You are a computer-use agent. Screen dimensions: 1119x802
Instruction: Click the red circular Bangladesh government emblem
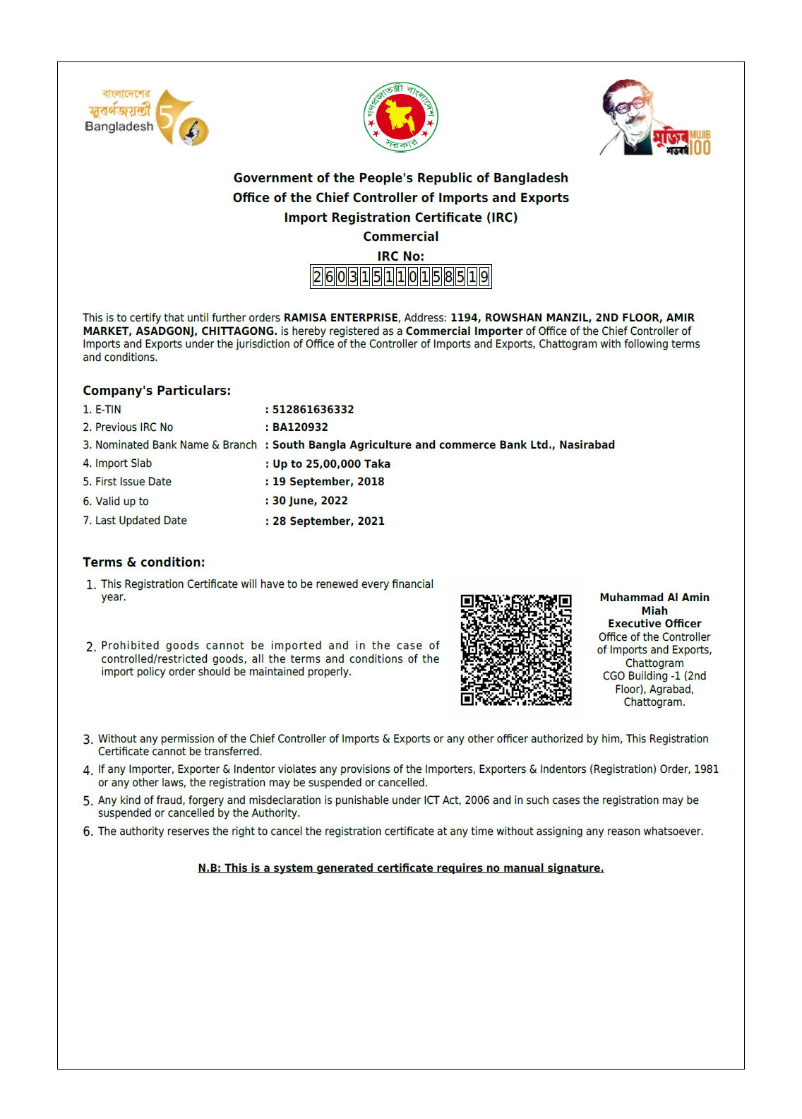[400, 117]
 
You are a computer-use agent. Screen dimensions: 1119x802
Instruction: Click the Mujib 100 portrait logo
[654, 118]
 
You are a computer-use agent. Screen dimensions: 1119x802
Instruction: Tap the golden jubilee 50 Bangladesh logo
[147, 117]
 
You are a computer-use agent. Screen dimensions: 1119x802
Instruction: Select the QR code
[516, 650]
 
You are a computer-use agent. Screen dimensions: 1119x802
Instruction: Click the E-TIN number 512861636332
[313, 410]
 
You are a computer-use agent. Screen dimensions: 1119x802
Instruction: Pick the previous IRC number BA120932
[300, 427]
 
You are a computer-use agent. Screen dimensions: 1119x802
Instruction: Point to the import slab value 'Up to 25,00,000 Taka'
[331, 464]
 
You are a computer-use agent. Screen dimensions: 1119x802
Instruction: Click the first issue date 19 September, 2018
[328, 482]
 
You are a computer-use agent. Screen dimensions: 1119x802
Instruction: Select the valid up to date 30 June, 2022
[310, 501]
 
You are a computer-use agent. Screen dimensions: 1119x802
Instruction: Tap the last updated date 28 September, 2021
[328, 521]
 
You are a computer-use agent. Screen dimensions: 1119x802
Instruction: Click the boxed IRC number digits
[400, 277]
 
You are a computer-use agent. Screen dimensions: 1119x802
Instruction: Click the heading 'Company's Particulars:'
[157, 391]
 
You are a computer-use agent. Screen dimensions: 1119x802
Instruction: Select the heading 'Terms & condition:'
[144, 562]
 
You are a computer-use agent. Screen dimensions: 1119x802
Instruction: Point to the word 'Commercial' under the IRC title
[400, 237]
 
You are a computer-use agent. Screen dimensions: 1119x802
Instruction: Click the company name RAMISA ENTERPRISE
[341, 318]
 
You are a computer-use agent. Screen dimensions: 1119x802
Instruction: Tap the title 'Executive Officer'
[654, 624]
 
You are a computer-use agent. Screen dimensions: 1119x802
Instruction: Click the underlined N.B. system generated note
[400, 868]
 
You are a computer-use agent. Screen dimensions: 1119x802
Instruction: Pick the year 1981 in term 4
[706, 769]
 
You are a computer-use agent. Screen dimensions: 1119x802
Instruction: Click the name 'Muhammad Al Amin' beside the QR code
[654, 598]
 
